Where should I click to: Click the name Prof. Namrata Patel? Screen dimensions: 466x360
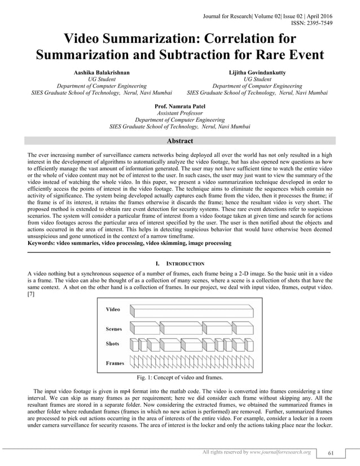tap(180, 106)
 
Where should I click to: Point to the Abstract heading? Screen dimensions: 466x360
tap(180, 141)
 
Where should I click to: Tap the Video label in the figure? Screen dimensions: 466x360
tap(113, 310)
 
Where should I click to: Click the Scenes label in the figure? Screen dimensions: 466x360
tap(114, 329)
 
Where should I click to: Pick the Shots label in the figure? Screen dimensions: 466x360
tap(113, 344)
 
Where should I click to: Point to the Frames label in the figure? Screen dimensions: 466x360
tap(115, 363)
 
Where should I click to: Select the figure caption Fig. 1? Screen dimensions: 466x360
tap(179, 377)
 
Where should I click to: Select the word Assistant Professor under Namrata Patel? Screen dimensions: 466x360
tap(180, 113)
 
